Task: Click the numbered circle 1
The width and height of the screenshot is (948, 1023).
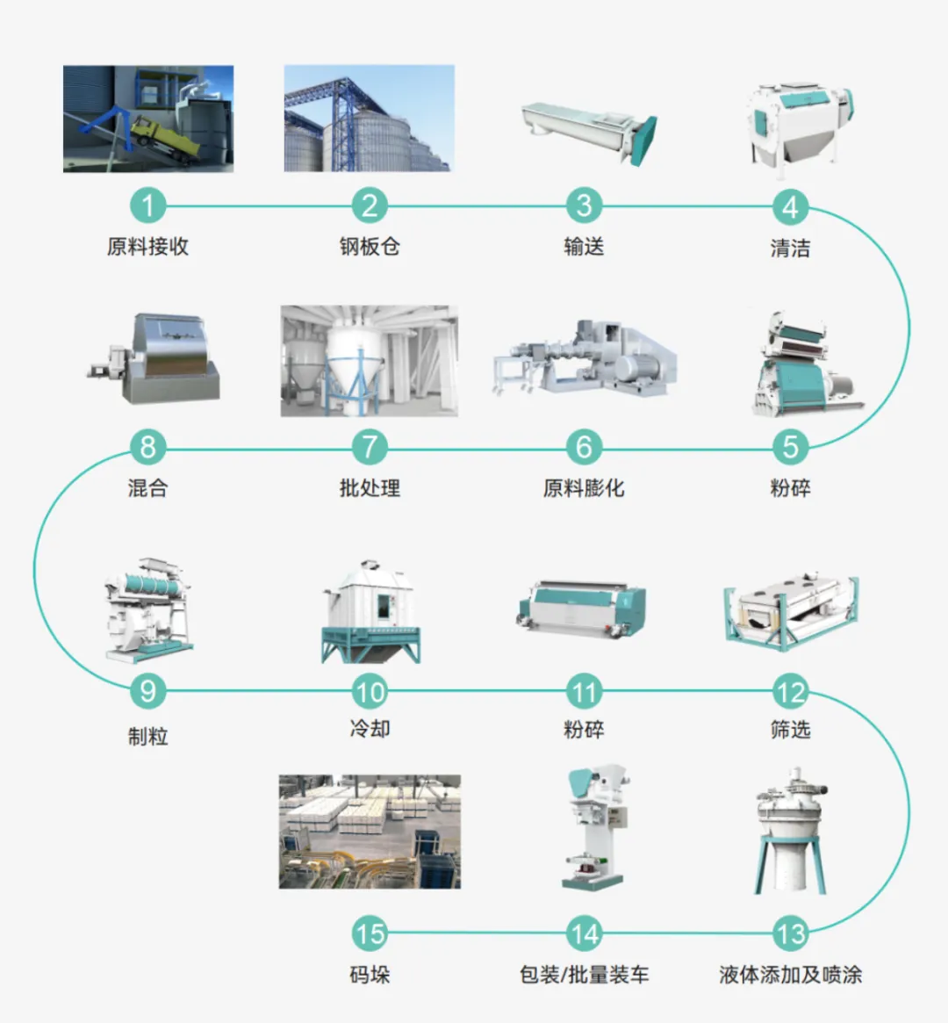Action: click(147, 206)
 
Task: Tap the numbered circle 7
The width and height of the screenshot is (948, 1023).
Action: click(370, 448)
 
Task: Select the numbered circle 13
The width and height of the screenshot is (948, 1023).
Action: click(790, 933)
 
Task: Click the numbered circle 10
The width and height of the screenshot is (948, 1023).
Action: click(370, 692)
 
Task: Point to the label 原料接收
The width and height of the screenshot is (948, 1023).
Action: click(147, 247)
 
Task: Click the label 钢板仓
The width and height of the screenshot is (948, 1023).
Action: click(370, 247)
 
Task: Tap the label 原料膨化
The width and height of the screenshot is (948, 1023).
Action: click(584, 488)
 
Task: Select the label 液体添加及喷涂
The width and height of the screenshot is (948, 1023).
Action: click(790, 975)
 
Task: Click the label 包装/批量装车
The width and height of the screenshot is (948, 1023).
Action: click(584, 975)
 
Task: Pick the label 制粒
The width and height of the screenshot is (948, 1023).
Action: click(147, 736)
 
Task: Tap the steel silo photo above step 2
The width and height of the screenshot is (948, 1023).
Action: click(369, 119)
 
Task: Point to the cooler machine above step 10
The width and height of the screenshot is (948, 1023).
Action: click(370, 611)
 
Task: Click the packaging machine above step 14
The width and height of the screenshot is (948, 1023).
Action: click(595, 829)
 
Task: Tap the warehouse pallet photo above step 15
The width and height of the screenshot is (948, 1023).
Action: click(370, 831)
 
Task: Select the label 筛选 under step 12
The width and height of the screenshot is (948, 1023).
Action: click(790, 730)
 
